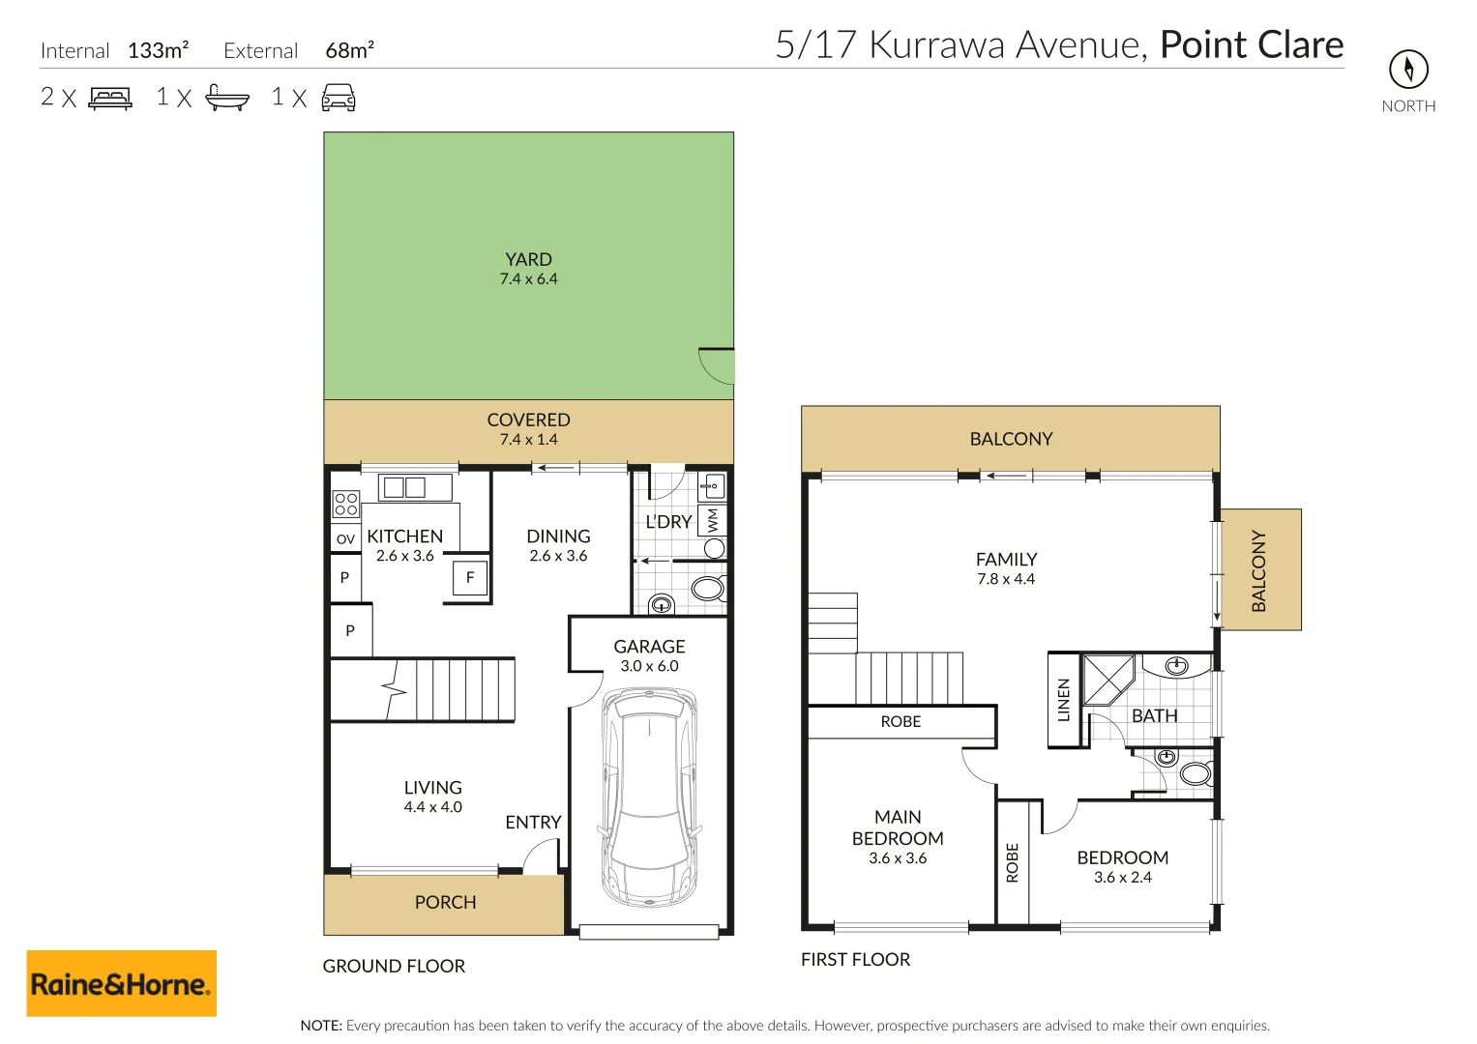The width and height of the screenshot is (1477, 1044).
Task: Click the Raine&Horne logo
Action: click(121, 983)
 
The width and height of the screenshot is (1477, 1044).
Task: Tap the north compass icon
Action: click(1408, 70)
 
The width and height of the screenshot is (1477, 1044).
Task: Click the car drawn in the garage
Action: click(649, 797)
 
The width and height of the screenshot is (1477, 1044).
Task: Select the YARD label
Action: click(528, 259)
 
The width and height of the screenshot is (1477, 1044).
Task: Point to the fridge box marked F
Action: click(469, 578)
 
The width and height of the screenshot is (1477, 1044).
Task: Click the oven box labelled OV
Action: click(345, 538)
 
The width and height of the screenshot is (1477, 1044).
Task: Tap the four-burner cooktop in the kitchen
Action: click(345, 504)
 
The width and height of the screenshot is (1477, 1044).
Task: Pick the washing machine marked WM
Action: click(712, 521)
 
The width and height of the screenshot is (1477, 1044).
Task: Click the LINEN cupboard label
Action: click(1063, 700)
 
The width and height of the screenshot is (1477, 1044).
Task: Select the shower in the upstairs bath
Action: click(1108, 679)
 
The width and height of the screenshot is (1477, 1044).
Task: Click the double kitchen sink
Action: click(415, 488)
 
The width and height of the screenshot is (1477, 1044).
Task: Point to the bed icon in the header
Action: click(110, 99)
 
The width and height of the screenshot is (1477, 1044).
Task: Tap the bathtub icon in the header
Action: click(227, 98)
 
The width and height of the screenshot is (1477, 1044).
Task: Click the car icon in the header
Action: click(339, 98)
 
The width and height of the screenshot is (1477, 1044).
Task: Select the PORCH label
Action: click(445, 902)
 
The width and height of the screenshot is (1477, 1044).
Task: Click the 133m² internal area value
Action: click(159, 50)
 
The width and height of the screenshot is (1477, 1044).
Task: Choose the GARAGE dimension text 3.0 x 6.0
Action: click(649, 666)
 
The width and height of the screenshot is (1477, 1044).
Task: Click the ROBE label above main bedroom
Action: click(901, 722)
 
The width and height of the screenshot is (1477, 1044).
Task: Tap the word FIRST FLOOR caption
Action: click(855, 960)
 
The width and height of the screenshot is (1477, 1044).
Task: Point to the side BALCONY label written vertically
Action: click(1258, 570)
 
